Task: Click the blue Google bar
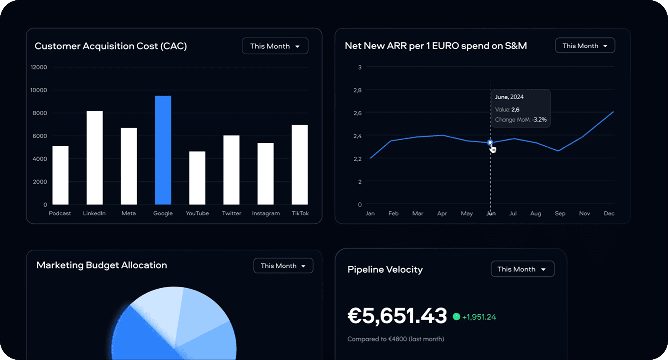(163, 150)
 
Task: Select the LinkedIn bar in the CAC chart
(95, 158)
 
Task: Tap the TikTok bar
(300, 165)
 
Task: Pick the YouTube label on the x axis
(197, 213)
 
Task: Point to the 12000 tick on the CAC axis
(39, 67)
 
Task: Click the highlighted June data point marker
(490, 143)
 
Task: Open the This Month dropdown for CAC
(275, 46)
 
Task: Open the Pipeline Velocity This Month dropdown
(522, 269)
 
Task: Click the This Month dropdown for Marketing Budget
(283, 266)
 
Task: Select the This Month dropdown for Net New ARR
(585, 46)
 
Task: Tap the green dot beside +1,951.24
(456, 316)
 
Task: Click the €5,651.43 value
(397, 316)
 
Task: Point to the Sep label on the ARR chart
(560, 213)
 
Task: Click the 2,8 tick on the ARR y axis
(357, 90)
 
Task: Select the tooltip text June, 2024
(509, 97)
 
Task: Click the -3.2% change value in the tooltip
(539, 119)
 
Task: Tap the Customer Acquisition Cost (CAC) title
(111, 46)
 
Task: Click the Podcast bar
(60, 175)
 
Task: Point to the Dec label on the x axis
(609, 213)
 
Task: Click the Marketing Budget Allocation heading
(102, 265)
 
